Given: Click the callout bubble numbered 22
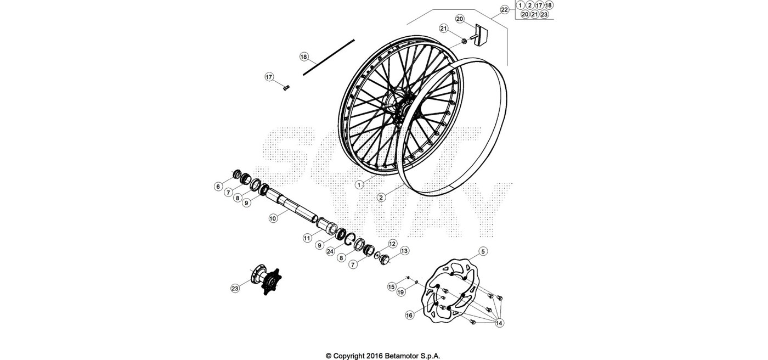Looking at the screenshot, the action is (x=504, y=10).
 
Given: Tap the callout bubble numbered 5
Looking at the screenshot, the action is (x=483, y=251).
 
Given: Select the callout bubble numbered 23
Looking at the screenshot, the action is (x=235, y=289).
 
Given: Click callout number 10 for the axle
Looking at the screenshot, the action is (x=273, y=218).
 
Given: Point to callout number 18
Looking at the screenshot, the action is (x=304, y=57).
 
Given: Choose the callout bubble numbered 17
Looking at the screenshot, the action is (x=269, y=77).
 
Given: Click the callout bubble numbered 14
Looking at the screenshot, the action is (x=499, y=323).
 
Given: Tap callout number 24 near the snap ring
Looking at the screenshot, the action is (x=330, y=251).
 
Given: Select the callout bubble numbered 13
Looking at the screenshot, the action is (x=405, y=251).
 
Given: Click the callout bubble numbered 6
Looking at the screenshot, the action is (x=218, y=187).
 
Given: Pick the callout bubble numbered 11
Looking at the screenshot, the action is (x=308, y=238).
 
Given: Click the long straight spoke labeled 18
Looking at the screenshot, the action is (x=329, y=57).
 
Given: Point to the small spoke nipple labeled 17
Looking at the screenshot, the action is (x=286, y=87).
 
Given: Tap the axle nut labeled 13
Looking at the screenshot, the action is (x=385, y=260).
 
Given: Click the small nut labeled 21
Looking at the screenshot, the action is (x=464, y=42).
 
